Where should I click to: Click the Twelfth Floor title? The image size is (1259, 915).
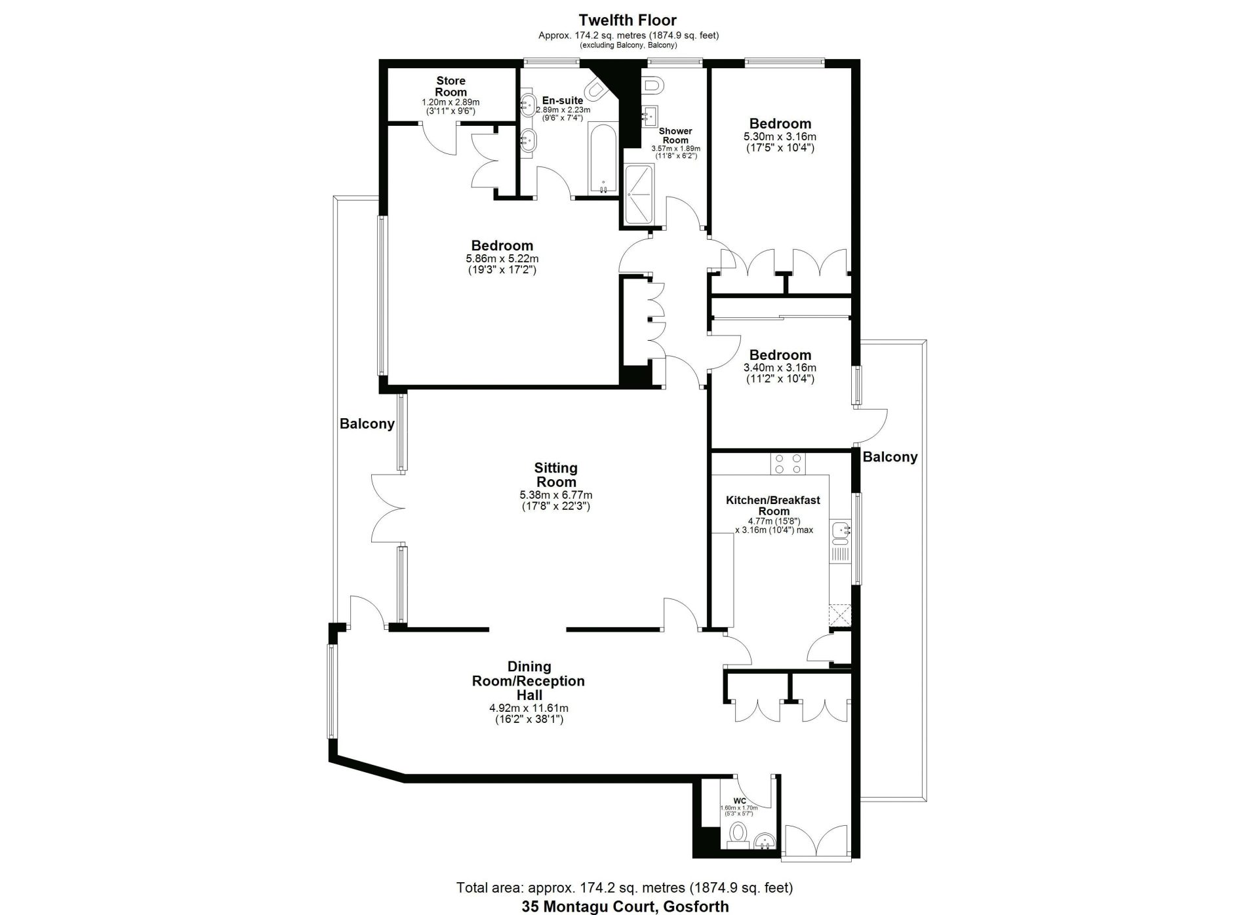[628, 20]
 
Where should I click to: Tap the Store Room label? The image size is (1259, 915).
[450, 86]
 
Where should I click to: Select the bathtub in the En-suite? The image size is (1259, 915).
[602, 157]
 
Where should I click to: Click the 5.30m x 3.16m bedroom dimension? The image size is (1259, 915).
[780, 136]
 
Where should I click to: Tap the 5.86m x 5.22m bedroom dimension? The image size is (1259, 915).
[502, 258]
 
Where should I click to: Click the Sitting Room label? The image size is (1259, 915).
[555, 475]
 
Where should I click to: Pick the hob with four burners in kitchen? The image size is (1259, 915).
[788, 463]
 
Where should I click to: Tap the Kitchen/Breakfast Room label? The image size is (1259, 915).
[772, 505]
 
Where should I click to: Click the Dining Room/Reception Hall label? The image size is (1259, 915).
[529, 680]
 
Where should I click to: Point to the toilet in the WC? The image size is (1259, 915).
[738, 833]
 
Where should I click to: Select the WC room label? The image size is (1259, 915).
[739, 800]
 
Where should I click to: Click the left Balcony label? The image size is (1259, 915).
[367, 423]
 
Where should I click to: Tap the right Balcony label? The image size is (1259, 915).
[890, 457]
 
